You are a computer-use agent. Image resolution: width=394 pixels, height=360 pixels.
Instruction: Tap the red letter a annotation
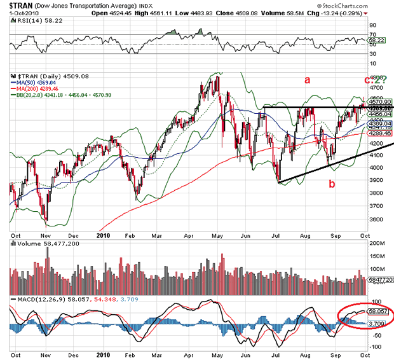tap(306, 80)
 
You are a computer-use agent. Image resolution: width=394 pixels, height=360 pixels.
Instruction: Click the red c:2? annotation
tap(374, 80)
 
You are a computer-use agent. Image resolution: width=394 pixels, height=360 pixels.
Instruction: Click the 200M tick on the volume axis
tap(377, 244)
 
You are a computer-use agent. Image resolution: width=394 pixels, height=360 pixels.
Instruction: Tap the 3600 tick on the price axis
tap(374, 219)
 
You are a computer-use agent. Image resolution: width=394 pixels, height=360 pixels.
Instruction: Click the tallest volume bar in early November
tap(47, 251)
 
